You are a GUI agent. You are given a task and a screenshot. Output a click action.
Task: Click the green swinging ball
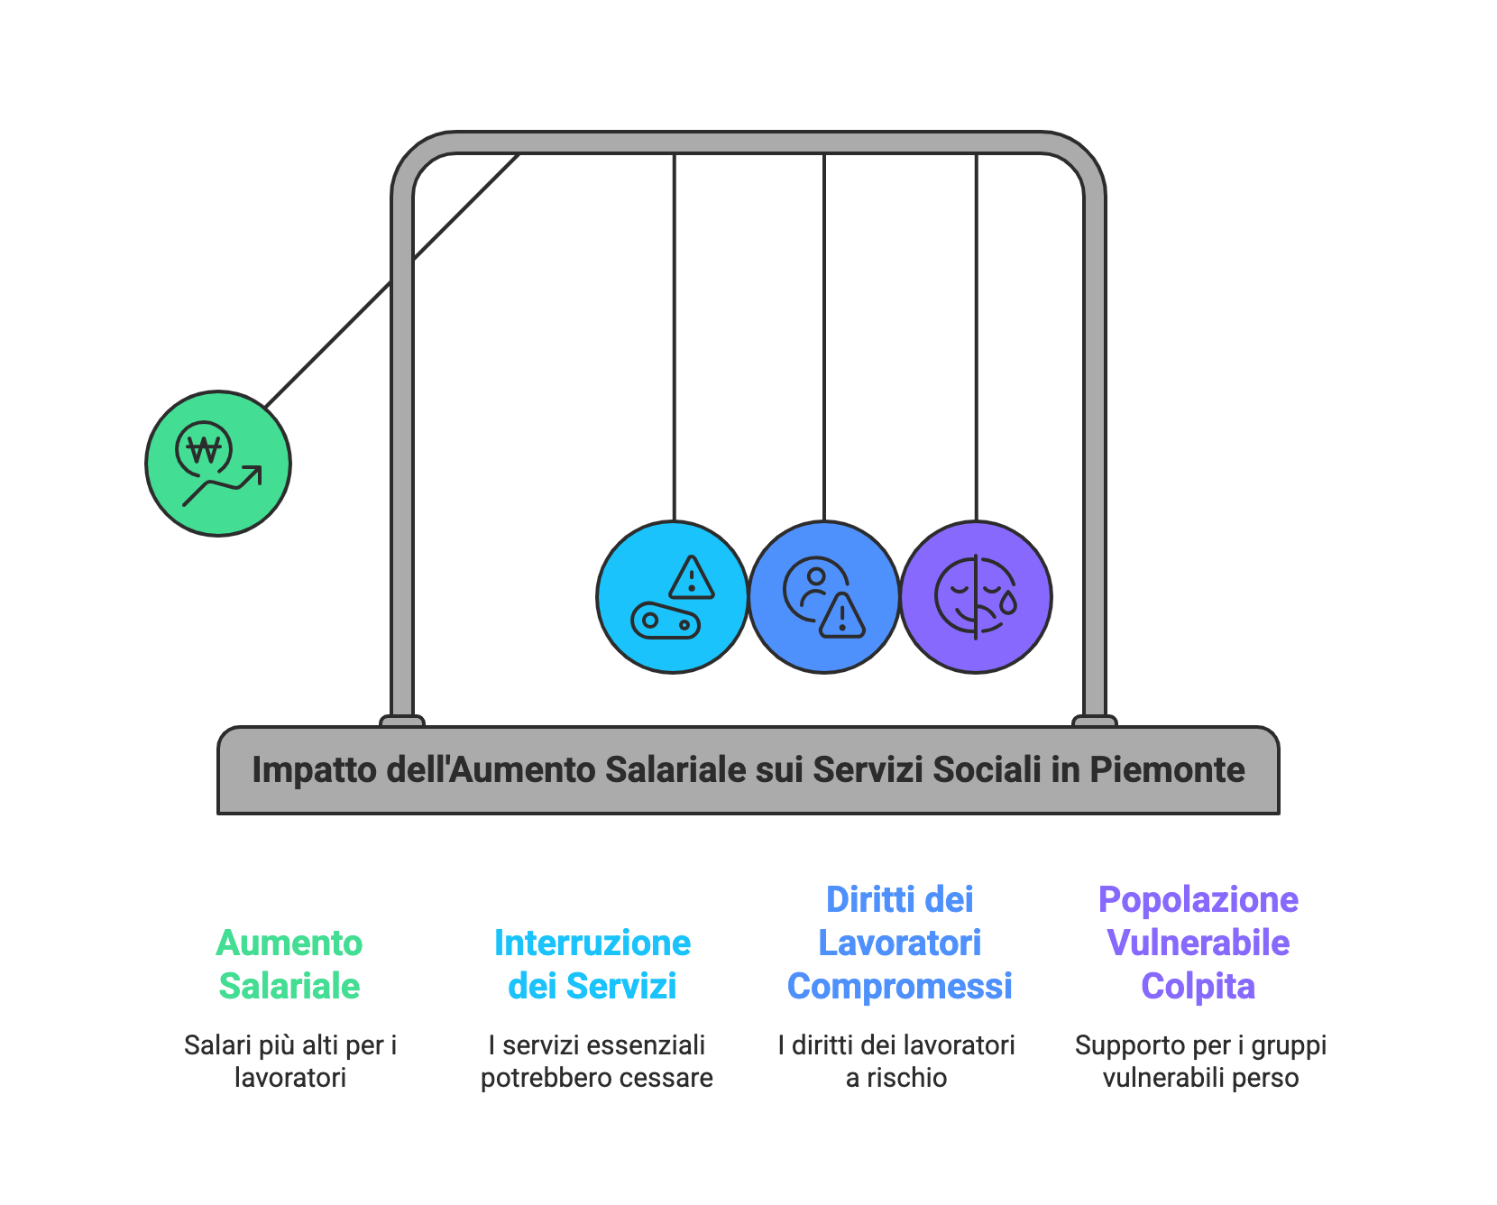[x=218, y=464]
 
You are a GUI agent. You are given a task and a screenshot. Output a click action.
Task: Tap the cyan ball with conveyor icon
[x=673, y=597]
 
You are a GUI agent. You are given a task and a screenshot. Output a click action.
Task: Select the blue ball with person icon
[x=824, y=597]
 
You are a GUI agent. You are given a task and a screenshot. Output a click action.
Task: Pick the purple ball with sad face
[x=976, y=597]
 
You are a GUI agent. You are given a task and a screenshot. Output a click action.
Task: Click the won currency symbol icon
[x=205, y=448]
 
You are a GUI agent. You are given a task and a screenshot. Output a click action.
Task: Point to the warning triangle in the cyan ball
[x=692, y=577]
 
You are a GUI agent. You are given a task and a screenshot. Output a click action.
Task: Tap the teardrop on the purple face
[x=1008, y=602]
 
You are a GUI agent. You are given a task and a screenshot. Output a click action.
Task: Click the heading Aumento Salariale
[x=289, y=964]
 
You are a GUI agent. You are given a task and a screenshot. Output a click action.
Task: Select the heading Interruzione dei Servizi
[x=592, y=964]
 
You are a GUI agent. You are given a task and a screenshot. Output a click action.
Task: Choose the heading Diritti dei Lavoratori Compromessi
[x=900, y=943]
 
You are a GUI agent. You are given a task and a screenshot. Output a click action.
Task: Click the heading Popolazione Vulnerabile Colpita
[x=1199, y=943]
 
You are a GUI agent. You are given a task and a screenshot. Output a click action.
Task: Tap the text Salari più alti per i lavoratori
[x=290, y=1062]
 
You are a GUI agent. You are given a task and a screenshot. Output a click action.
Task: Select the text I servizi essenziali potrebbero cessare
[x=597, y=1062]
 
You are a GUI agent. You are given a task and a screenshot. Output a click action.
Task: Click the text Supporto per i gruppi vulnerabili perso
[x=1201, y=1062]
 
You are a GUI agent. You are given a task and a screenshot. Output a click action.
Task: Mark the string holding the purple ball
[x=976, y=337]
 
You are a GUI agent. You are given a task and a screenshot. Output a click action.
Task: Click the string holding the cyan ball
[x=674, y=337]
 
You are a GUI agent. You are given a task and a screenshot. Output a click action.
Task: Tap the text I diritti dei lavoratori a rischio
[x=896, y=1062]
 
